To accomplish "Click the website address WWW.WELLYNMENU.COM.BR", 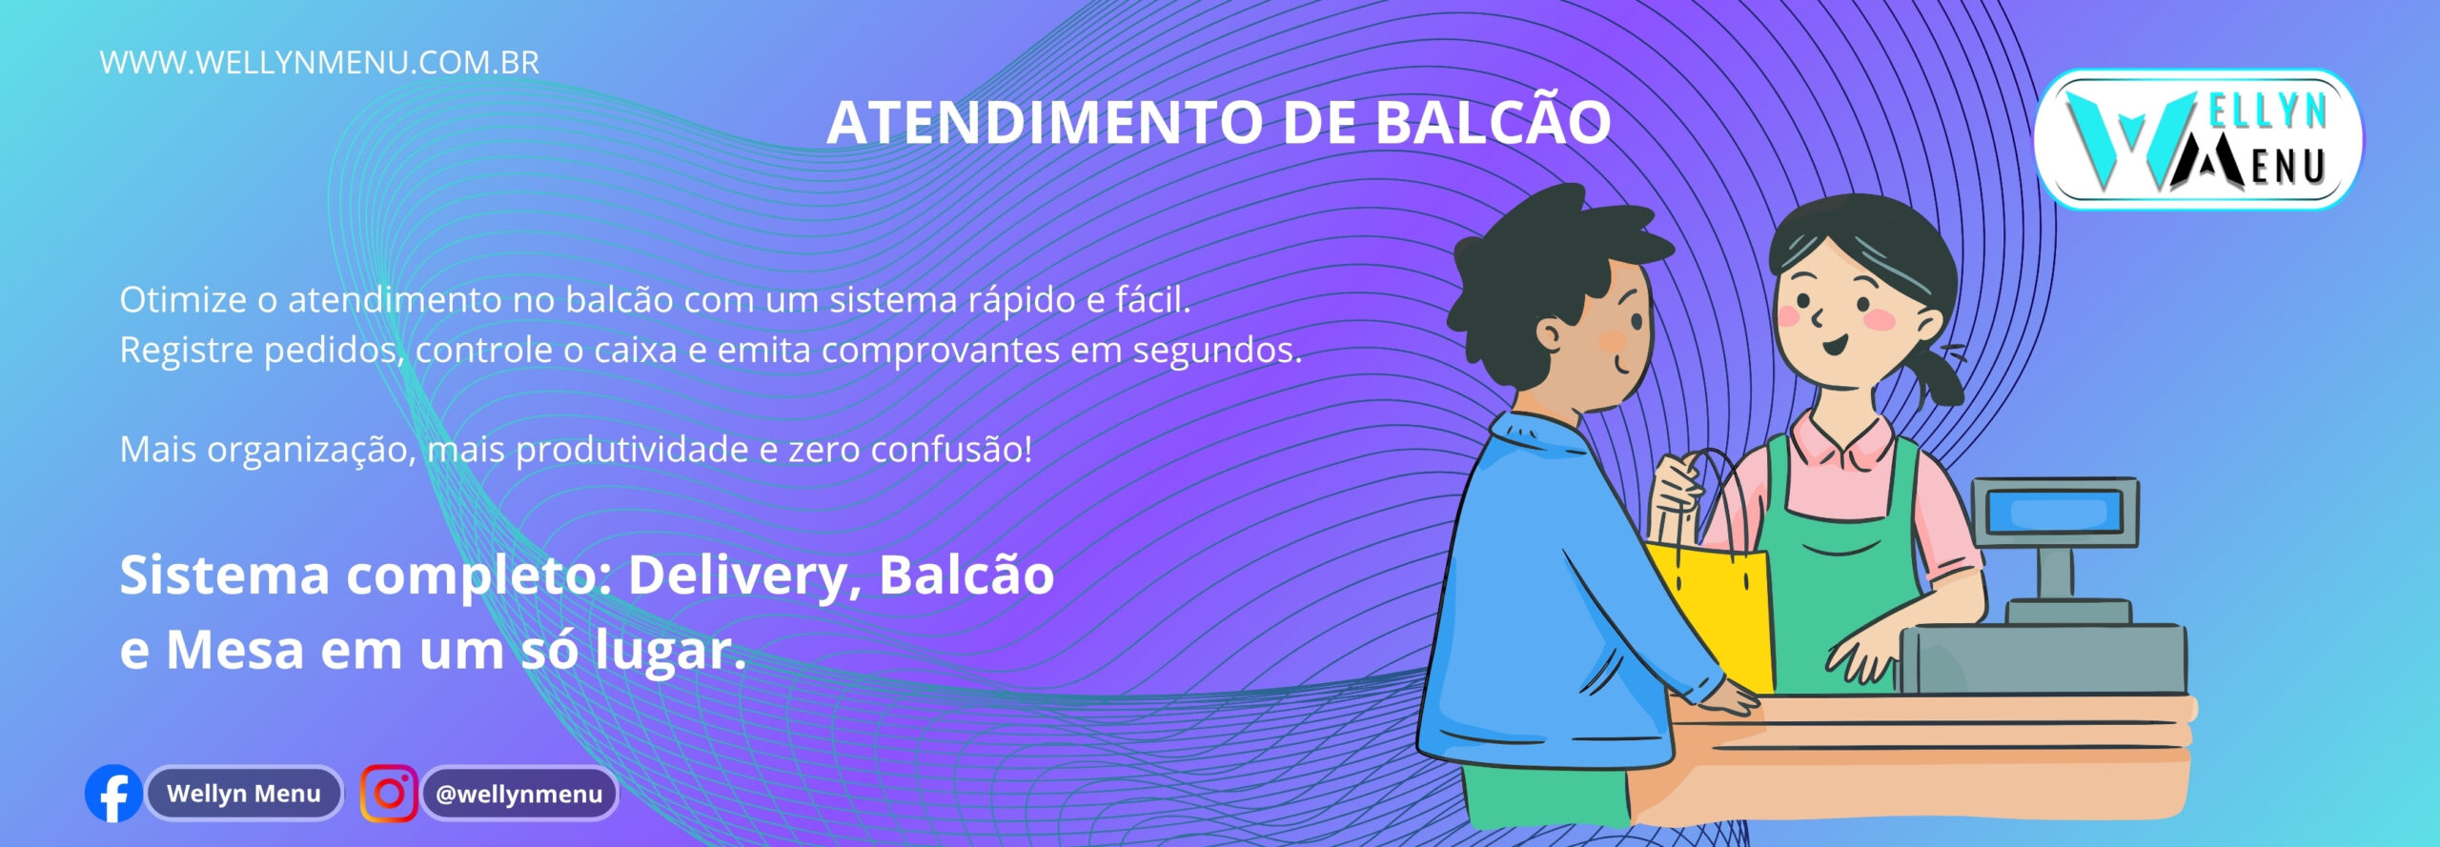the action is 319,63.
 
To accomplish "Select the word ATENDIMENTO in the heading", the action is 1046,123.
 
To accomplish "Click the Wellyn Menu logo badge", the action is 2198,139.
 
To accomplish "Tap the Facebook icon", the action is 113,794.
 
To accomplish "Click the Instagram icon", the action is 389,794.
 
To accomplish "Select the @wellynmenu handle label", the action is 519,794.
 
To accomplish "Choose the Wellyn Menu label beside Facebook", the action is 244,794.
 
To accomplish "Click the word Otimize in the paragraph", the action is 183,300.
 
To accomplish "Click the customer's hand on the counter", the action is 1730,700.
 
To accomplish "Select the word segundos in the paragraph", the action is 1216,352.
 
